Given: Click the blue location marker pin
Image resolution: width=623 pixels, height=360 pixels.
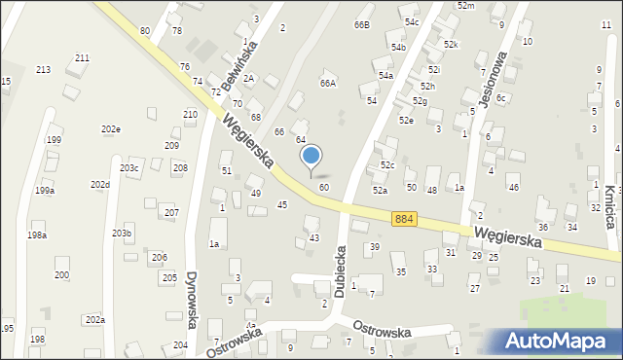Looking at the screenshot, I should point(311,156).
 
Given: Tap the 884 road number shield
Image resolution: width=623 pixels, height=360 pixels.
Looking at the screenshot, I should point(406,221).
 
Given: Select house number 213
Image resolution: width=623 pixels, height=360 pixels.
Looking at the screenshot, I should point(43,70).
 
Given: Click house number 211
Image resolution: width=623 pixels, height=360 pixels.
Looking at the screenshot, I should point(82,58).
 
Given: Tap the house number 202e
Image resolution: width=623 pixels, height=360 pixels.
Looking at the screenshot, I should point(110,129).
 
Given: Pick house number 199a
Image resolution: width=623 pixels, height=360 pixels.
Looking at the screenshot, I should point(45,191).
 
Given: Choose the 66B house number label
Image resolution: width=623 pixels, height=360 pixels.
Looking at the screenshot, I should point(362,24).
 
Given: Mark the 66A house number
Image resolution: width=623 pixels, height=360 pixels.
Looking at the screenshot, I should point(328,84).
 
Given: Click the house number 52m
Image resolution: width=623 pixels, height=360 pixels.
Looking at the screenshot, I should point(465,6).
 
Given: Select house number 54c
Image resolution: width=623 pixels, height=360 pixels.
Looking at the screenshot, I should point(412,21).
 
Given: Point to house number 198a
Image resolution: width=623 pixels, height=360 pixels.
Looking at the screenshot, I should point(37,235).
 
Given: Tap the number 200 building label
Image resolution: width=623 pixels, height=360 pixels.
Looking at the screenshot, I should point(61,275).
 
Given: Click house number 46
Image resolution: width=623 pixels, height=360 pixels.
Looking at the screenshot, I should point(513,187).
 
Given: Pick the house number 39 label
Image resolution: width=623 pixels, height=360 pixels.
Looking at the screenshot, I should point(374,247).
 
